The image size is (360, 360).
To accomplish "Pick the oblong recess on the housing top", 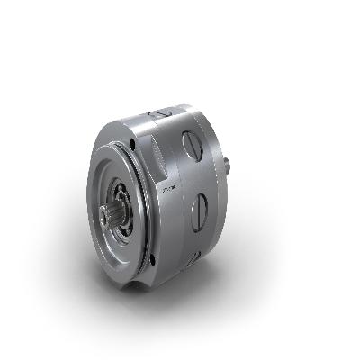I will pos(161,114).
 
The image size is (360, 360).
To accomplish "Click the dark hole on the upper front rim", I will pos(133,140).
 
